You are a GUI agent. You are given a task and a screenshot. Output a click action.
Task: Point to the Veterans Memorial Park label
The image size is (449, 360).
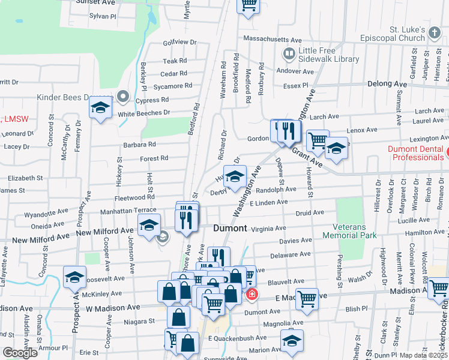pyautogui.click(x=358, y=232)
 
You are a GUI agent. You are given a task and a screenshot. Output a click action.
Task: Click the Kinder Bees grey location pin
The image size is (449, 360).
pyautogui.click(x=124, y=96)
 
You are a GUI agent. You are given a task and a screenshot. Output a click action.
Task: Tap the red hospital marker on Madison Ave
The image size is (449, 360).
pyautogui.click(x=252, y=294)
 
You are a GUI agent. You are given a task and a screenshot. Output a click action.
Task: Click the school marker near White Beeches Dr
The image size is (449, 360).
pyautogui.click(x=101, y=108)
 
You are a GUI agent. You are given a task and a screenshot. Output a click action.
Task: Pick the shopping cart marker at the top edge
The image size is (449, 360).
pyautogui.click(x=248, y=5)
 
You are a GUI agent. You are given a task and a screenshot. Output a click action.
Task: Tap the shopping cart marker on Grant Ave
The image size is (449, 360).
pyautogui.click(x=317, y=142)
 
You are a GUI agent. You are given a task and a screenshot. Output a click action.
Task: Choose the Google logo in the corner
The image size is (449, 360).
pyautogui.click(x=20, y=353)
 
